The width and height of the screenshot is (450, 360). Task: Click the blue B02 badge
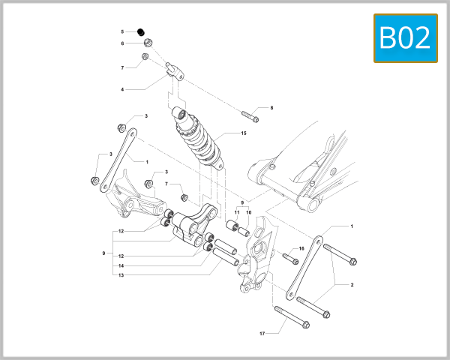tap(406, 37)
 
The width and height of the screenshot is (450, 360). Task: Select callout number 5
tap(122, 31)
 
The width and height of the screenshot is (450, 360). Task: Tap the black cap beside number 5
tap(140, 31)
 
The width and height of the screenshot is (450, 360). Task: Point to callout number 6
tap(122, 43)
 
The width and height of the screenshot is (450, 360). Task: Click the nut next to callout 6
tap(148, 42)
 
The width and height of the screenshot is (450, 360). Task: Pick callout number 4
tap(122, 89)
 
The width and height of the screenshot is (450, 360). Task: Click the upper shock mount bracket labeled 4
tap(173, 71)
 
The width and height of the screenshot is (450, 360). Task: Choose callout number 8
tap(271, 108)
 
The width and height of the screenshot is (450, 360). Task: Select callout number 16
tap(301, 249)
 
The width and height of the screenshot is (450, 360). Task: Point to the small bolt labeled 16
tap(289, 257)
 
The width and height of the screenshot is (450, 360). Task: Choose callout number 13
tap(121, 275)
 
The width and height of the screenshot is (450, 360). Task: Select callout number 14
tap(121, 265)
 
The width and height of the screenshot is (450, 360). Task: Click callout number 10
tap(248, 212)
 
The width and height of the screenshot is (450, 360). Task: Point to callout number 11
tap(236, 212)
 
